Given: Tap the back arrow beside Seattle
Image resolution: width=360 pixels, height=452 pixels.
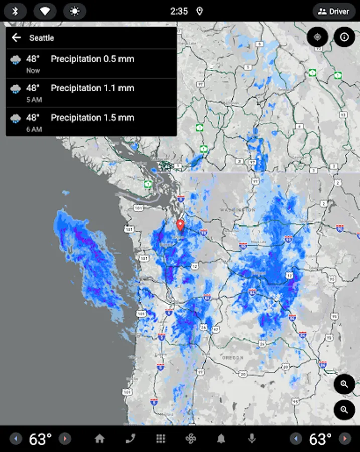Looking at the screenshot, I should point(16,38).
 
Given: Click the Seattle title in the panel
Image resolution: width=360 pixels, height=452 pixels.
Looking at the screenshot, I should point(42,38).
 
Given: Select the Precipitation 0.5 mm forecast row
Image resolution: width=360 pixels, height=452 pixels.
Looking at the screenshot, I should point(91,64).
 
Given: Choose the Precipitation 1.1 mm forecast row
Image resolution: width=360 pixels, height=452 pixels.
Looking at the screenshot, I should point(91,93).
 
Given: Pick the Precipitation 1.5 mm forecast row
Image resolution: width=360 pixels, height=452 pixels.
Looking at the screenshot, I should point(91,122).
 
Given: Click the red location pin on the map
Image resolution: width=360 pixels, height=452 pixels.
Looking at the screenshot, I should point(181,225).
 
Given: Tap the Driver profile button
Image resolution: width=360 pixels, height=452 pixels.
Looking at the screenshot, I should point(334,11).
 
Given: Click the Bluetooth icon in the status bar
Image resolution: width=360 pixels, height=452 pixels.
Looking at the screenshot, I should point(15,11).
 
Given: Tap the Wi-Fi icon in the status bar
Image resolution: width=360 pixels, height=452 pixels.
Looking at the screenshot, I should point(45,11).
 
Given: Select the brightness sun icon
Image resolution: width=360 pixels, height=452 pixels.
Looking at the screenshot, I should point(74,11).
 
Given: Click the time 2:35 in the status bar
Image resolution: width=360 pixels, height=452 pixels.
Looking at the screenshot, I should point(179,11).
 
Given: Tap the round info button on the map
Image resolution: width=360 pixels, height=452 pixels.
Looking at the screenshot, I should point(344,37).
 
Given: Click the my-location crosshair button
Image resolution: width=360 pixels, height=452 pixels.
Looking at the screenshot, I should point(317,37).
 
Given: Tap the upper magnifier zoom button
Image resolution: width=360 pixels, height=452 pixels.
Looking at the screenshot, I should point(344,384).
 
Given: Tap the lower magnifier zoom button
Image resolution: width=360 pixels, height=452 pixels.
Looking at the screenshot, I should point(344,410).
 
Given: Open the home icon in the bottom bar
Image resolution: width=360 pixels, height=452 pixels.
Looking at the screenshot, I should point(100,439).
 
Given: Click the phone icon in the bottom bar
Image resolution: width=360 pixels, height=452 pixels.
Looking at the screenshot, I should point(130,439).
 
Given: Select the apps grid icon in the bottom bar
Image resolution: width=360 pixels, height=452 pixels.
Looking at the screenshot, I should point(161,439).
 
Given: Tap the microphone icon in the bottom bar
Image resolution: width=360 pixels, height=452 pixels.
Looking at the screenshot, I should point(252,439).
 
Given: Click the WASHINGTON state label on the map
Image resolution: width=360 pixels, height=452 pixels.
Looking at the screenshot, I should point(237,209).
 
